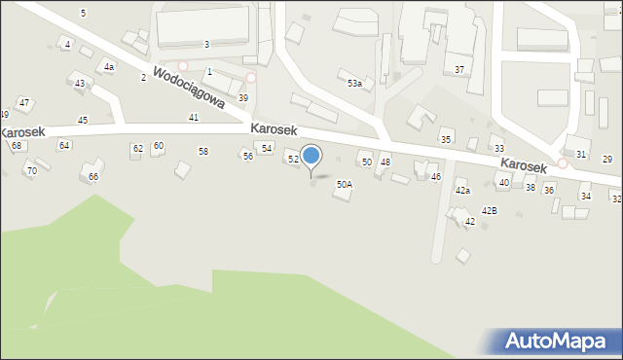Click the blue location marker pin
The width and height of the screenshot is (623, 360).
(311, 156)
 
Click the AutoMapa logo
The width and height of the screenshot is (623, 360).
(552, 342)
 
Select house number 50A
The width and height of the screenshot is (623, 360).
(345, 184)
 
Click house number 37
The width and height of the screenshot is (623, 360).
(459, 70)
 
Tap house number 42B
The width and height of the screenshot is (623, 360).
(489, 210)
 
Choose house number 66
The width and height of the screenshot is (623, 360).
(93, 177)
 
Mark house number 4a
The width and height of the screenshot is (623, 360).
(109, 67)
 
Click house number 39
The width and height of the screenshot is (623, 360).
(243, 98)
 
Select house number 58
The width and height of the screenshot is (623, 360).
(203, 152)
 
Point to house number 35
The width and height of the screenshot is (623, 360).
(446, 140)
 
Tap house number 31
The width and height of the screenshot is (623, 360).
(581, 155)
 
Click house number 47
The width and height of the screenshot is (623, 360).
(24, 103)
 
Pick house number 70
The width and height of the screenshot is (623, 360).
(31, 171)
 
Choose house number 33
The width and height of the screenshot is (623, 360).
(498, 149)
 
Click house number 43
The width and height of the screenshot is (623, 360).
(80, 84)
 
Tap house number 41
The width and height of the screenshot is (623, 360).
(194, 117)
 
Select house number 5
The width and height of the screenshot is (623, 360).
(84, 13)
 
